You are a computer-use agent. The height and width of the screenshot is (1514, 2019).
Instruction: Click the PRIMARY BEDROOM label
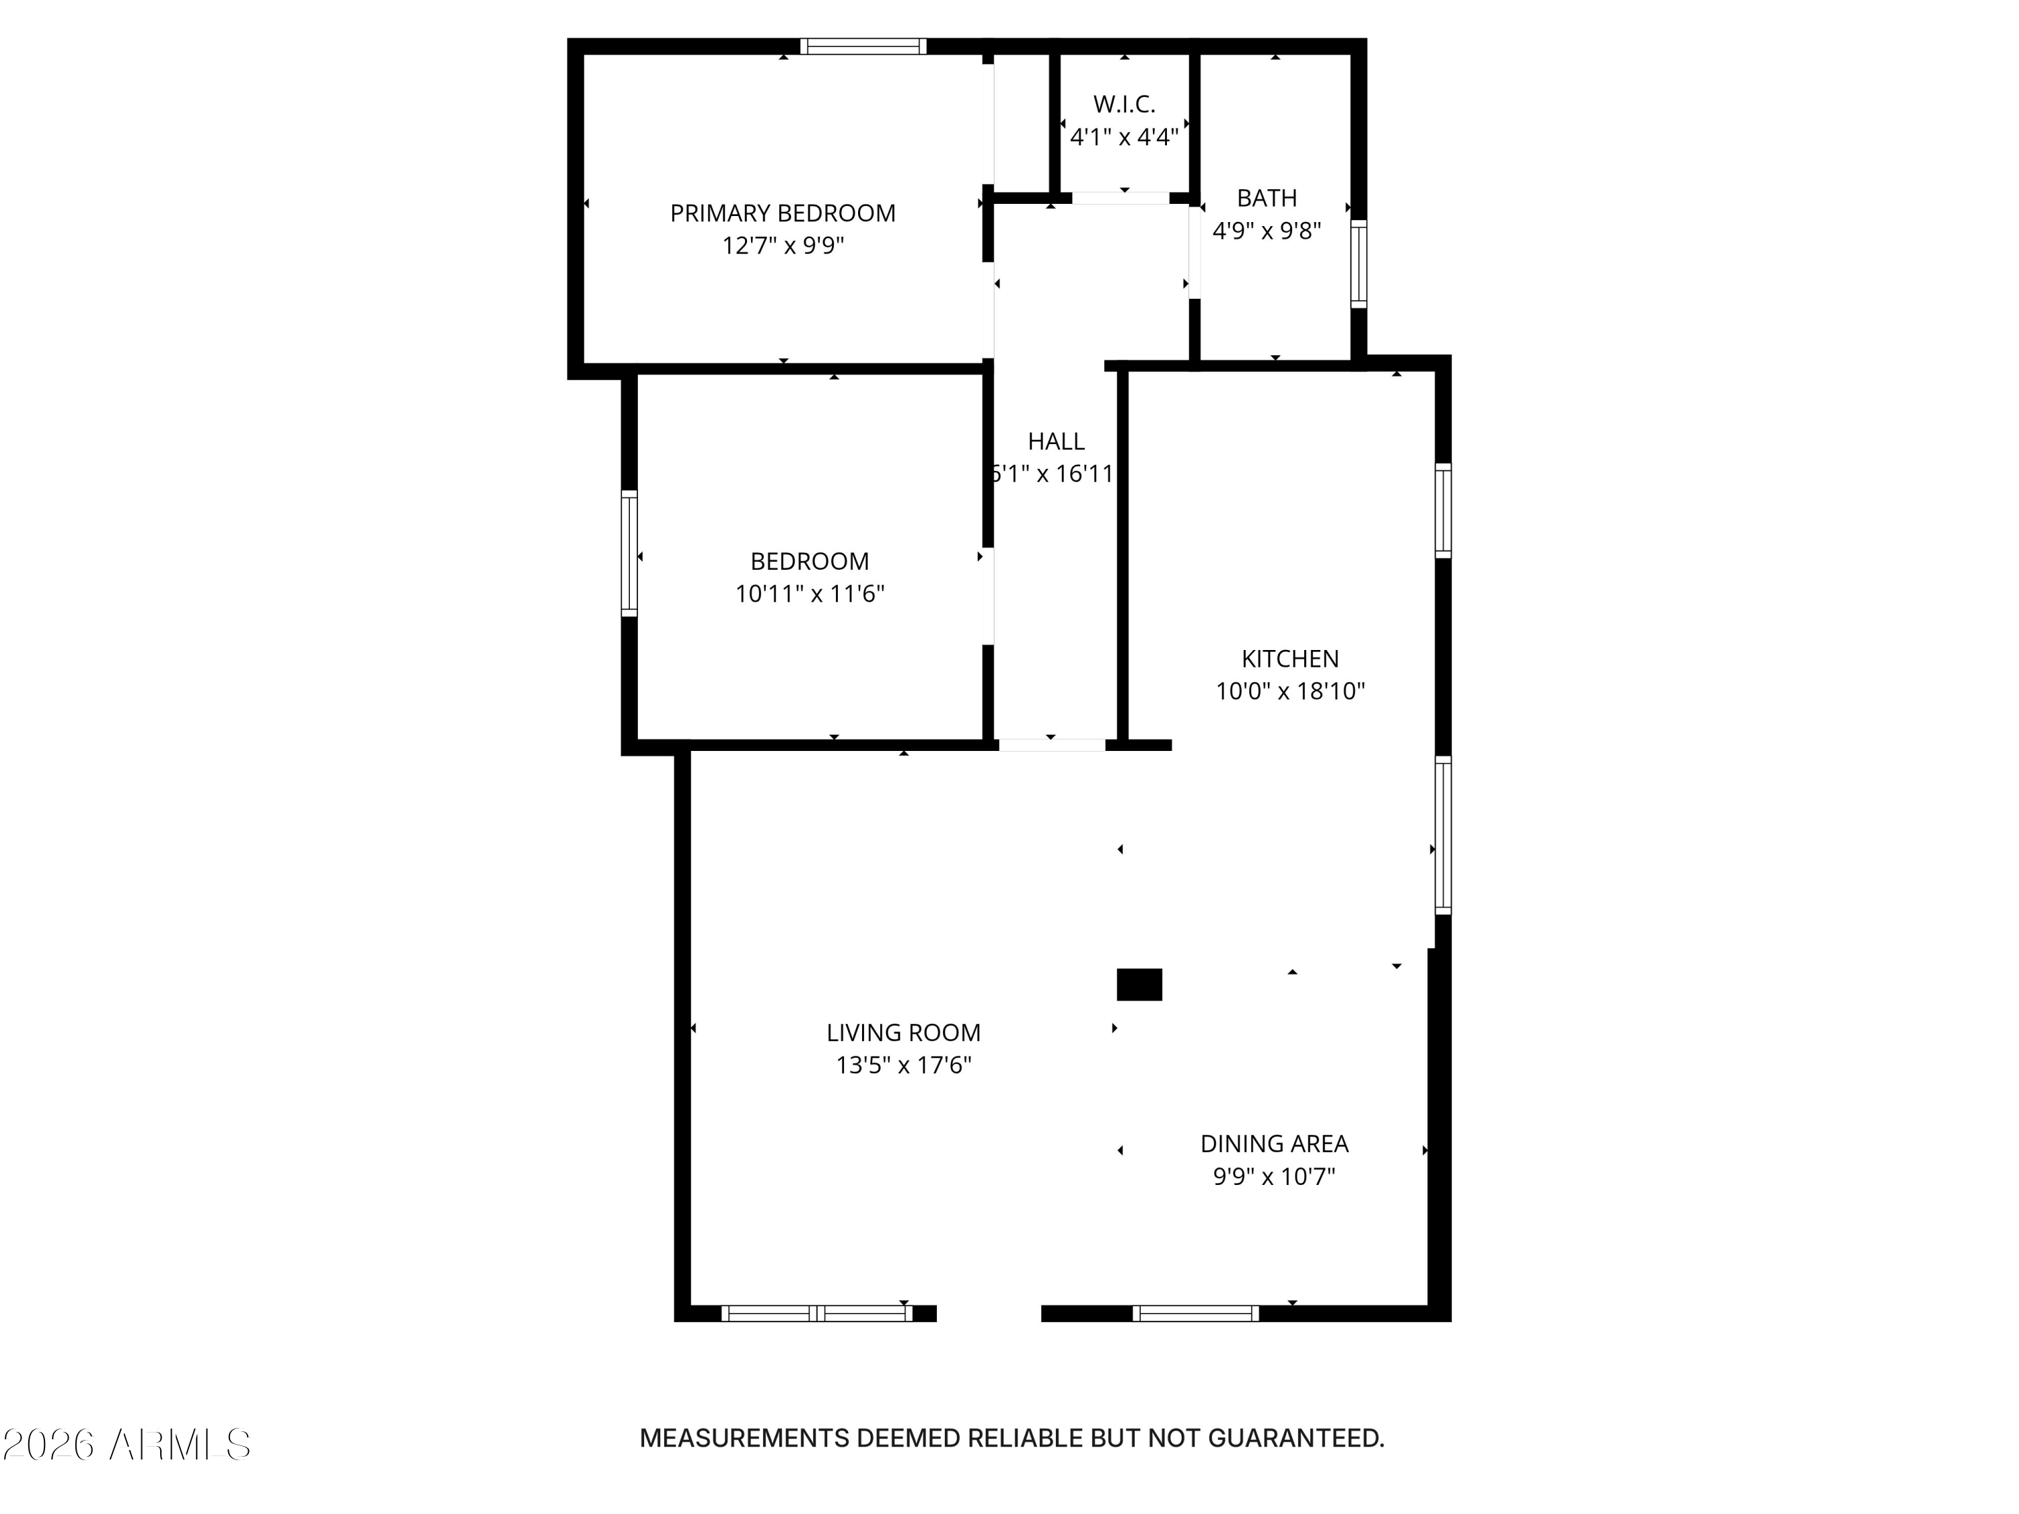point(782,213)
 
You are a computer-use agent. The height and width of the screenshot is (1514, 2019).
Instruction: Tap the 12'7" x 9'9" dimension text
point(782,246)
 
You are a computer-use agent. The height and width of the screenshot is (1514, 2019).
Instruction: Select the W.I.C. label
point(1124,104)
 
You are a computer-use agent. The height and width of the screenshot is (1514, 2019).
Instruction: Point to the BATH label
point(1266,198)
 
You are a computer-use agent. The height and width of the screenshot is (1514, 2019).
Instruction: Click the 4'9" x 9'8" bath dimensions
point(1266,231)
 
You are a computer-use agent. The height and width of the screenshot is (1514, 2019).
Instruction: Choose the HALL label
point(1056,441)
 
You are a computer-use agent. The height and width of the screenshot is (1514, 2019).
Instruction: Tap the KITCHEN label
point(1289,659)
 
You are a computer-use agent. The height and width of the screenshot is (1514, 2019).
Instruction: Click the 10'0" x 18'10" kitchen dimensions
point(1289,692)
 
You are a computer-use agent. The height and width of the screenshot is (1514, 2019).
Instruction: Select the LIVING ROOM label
point(902,1033)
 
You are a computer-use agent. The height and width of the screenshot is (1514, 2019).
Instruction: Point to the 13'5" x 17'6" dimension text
point(902,1066)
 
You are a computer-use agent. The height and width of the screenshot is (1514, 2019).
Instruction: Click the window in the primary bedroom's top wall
point(863,46)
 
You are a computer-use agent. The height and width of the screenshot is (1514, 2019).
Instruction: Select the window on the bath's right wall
point(1358,264)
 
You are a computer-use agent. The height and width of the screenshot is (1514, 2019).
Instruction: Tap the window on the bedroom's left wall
point(629,553)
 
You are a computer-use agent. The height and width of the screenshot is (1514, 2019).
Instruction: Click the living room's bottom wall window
point(816,1313)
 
